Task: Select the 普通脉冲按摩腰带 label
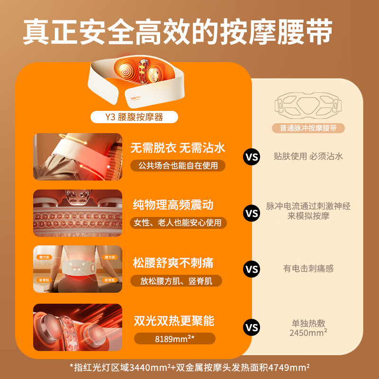pos(308,128)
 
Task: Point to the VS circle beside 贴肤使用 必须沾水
pos(252,156)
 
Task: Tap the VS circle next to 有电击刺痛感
pos(252,269)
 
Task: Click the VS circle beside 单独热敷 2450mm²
pos(252,327)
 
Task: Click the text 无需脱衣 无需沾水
pos(179,147)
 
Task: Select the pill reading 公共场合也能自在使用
pos(179,165)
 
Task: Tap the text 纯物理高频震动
pos(173,205)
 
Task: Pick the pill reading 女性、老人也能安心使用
pos(179,223)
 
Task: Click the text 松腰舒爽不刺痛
pos(173,262)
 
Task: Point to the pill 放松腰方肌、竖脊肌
pos(176,281)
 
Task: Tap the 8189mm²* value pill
pos(175,339)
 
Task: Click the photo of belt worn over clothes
pos(78,157)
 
